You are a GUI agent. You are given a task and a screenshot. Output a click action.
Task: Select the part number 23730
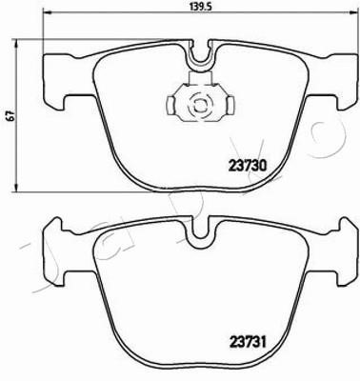(247, 166)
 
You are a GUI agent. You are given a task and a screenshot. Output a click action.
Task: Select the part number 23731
(247, 343)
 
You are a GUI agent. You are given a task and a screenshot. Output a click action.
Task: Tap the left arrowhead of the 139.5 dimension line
(47, 13)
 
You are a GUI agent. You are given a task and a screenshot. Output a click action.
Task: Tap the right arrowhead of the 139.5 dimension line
(355, 13)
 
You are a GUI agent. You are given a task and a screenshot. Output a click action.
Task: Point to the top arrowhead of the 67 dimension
(14, 43)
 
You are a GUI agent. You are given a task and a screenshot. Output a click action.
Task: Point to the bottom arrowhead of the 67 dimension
(14, 188)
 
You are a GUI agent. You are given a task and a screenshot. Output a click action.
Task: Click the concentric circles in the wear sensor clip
(200, 104)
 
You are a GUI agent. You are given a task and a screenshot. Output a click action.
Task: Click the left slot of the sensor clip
(170, 105)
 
